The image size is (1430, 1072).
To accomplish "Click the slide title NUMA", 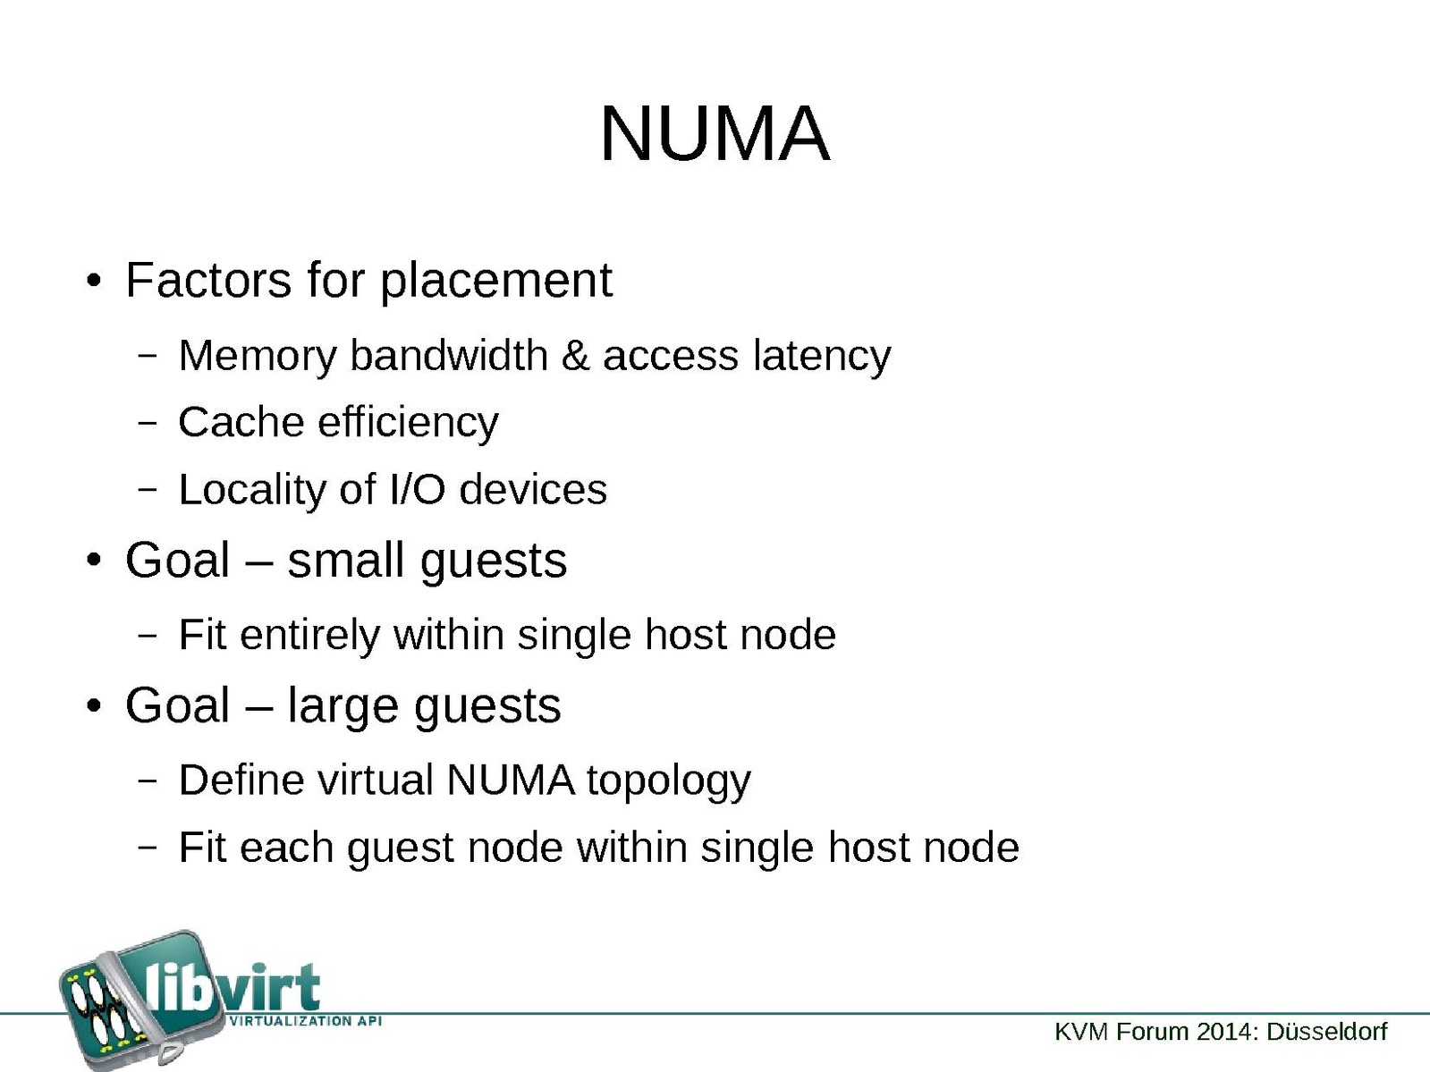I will point(715,134).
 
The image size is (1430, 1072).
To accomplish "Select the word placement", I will point(496,282).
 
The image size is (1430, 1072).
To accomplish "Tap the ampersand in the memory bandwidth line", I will point(575,356).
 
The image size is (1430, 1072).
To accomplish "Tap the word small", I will point(346,561).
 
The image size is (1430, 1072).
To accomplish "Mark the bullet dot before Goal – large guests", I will point(93,706).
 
